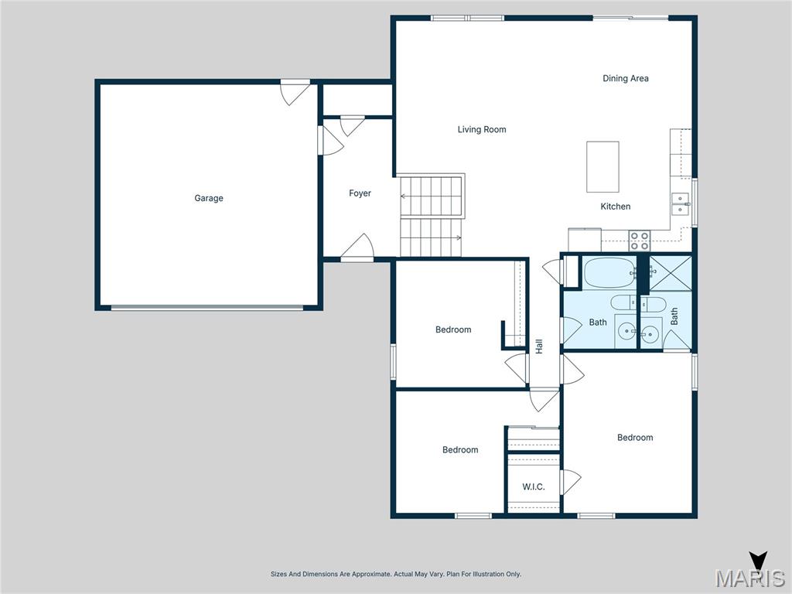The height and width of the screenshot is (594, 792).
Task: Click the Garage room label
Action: coord(209,199)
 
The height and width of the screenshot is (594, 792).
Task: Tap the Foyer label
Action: coord(360,193)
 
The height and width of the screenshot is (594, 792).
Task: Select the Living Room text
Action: coord(482,130)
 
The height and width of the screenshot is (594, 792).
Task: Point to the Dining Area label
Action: coord(626,78)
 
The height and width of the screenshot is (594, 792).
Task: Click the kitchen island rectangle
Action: coord(603,166)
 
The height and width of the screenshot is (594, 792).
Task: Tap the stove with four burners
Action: coord(640,241)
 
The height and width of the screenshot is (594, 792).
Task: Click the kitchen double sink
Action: coord(681,203)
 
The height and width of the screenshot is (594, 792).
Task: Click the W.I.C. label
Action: coord(534,487)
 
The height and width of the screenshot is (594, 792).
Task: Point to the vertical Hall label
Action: coord(539,346)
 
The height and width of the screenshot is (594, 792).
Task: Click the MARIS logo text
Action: coord(750,579)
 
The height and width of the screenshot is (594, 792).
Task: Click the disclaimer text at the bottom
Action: coord(396,574)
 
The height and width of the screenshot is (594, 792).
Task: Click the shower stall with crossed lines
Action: coord(670,271)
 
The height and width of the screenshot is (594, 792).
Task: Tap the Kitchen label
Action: coord(616,207)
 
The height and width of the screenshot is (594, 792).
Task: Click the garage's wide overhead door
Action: coord(207,308)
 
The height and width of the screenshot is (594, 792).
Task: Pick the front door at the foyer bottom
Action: coord(357,249)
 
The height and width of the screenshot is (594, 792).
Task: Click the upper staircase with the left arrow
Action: coord(432,196)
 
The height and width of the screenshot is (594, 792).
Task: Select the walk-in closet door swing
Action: coord(571,482)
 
